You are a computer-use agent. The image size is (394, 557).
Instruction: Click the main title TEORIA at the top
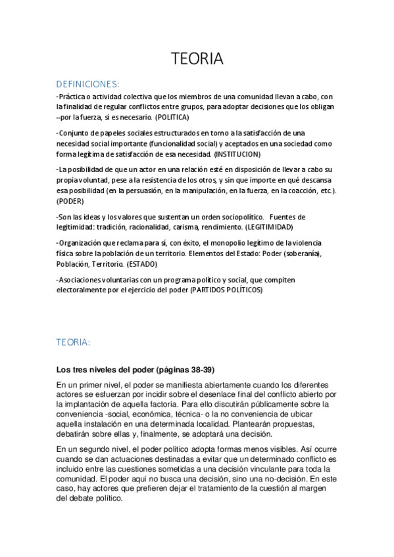[197, 59]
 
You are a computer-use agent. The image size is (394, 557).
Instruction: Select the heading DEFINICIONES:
[87, 84]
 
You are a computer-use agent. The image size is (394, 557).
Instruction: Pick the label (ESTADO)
[142, 263]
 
